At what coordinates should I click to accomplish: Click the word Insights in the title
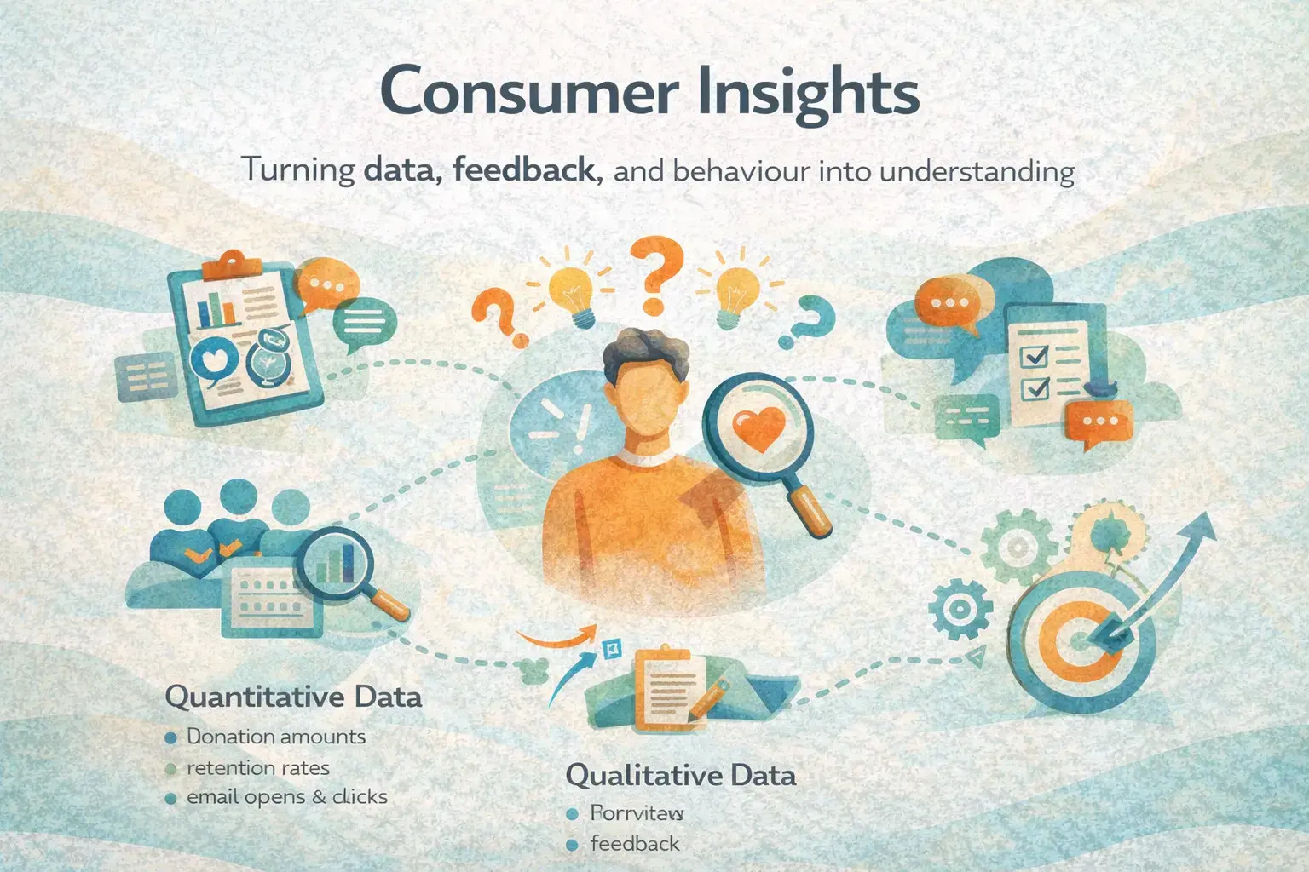[x=807, y=94]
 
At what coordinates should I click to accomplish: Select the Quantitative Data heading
[x=292, y=697]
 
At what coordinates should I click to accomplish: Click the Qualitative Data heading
[x=680, y=775]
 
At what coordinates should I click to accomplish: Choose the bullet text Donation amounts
[x=275, y=737]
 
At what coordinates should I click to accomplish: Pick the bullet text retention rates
[x=257, y=767]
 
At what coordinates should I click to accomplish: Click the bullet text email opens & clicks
[x=286, y=797]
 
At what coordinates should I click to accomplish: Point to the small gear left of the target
[x=960, y=609]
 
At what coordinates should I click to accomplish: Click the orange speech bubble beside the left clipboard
[x=321, y=285]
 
